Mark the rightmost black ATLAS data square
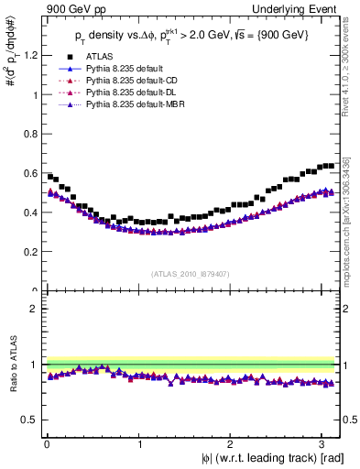point(331,166)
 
